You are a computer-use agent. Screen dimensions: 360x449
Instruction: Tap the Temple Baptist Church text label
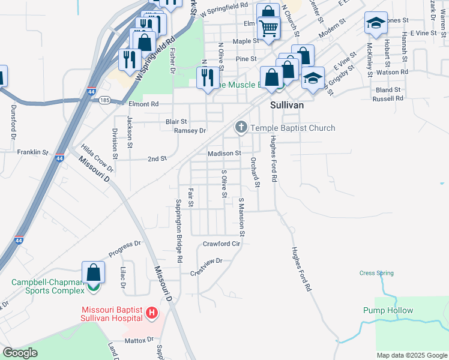click(x=292, y=128)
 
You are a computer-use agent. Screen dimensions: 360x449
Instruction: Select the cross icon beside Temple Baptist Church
click(x=241, y=127)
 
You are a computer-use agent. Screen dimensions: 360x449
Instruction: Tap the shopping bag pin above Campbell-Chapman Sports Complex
click(x=94, y=273)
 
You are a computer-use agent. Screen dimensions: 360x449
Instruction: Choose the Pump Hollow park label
click(x=388, y=310)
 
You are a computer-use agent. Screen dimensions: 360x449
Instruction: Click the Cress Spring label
click(x=376, y=273)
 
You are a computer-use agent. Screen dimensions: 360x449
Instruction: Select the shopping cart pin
click(x=268, y=28)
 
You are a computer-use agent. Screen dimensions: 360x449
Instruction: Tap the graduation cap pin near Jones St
click(x=376, y=23)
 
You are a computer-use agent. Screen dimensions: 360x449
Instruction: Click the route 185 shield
click(x=104, y=100)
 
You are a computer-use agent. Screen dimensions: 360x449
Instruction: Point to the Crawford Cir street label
click(x=221, y=244)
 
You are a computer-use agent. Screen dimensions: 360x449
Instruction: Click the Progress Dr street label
click(x=124, y=247)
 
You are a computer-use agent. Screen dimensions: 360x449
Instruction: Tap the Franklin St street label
click(x=32, y=152)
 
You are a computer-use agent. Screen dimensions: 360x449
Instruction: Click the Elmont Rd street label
click(x=143, y=103)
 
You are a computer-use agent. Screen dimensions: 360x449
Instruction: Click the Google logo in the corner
click(x=20, y=353)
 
